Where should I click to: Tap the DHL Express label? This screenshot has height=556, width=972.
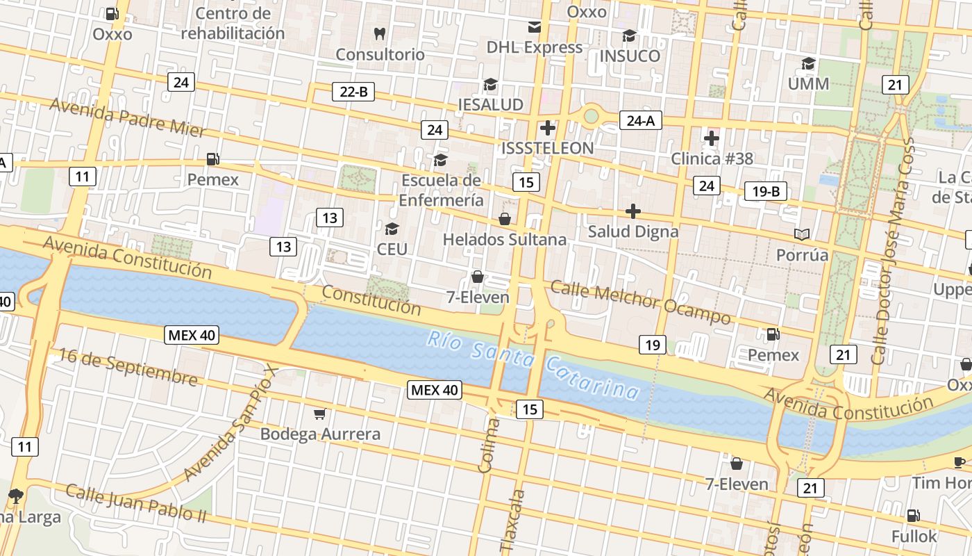pyautogui.click(x=534, y=47)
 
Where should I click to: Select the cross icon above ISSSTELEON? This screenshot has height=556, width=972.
pyautogui.click(x=548, y=128)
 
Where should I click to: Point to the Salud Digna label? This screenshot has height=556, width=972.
pyautogui.click(x=632, y=231)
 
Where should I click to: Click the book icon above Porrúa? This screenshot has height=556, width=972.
pyautogui.click(x=802, y=234)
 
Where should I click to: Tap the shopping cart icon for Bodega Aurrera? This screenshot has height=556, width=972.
pyautogui.click(x=319, y=414)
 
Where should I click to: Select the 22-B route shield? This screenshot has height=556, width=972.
pyautogui.click(x=353, y=91)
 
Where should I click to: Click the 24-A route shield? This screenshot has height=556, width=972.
pyautogui.click(x=640, y=121)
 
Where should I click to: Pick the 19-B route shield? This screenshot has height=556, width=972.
pyautogui.click(x=765, y=191)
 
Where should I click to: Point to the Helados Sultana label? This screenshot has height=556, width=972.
pyautogui.click(x=505, y=240)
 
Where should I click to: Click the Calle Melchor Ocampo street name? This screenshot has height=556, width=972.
pyautogui.click(x=641, y=302)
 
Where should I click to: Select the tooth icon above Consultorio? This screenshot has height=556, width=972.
pyautogui.click(x=379, y=33)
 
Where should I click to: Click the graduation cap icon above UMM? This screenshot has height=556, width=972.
pyautogui.click(x=808, y=64)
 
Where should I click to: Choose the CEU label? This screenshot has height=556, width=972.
pyautogui.click(x=392, y=249)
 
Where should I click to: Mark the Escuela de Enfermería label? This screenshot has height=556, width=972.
pyautogui.click(x=442, y=190)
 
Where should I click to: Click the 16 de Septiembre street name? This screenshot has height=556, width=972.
pyautogui.click(x=128, y=366)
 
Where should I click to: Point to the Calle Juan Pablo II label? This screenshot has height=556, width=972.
pyautogui.click(x=136, y=502)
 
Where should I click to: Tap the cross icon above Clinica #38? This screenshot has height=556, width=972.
pyautogui.click(x=712, y=138)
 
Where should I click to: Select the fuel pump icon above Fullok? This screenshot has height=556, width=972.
pyautogui.click(x=914, y=516)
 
